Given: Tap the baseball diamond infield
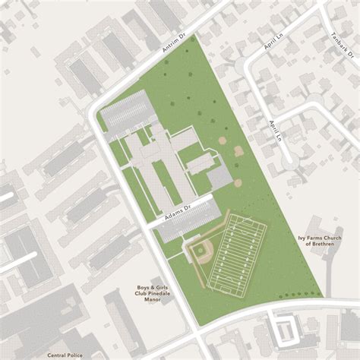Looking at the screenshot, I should (198, 251).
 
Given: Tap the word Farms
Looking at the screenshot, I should (314, 238).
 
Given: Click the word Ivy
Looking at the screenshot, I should (302, 238).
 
